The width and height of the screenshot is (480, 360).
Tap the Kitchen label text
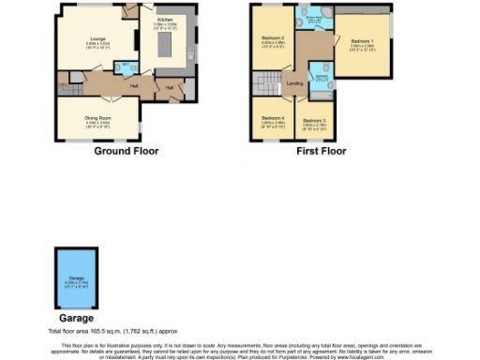(164, 19)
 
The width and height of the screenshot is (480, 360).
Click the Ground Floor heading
(126, 151)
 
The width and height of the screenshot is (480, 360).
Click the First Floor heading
(321, 151)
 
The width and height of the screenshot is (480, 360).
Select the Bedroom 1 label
(361, 41)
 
